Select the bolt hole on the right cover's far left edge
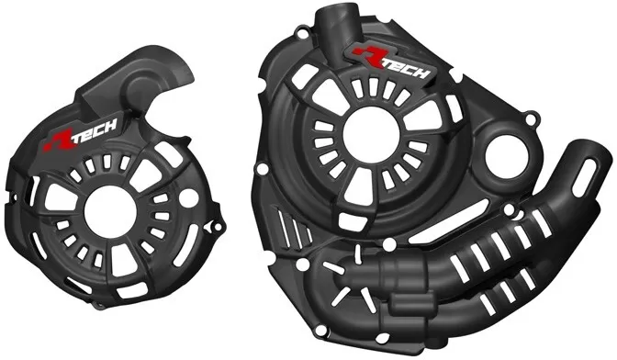[262, 167]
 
